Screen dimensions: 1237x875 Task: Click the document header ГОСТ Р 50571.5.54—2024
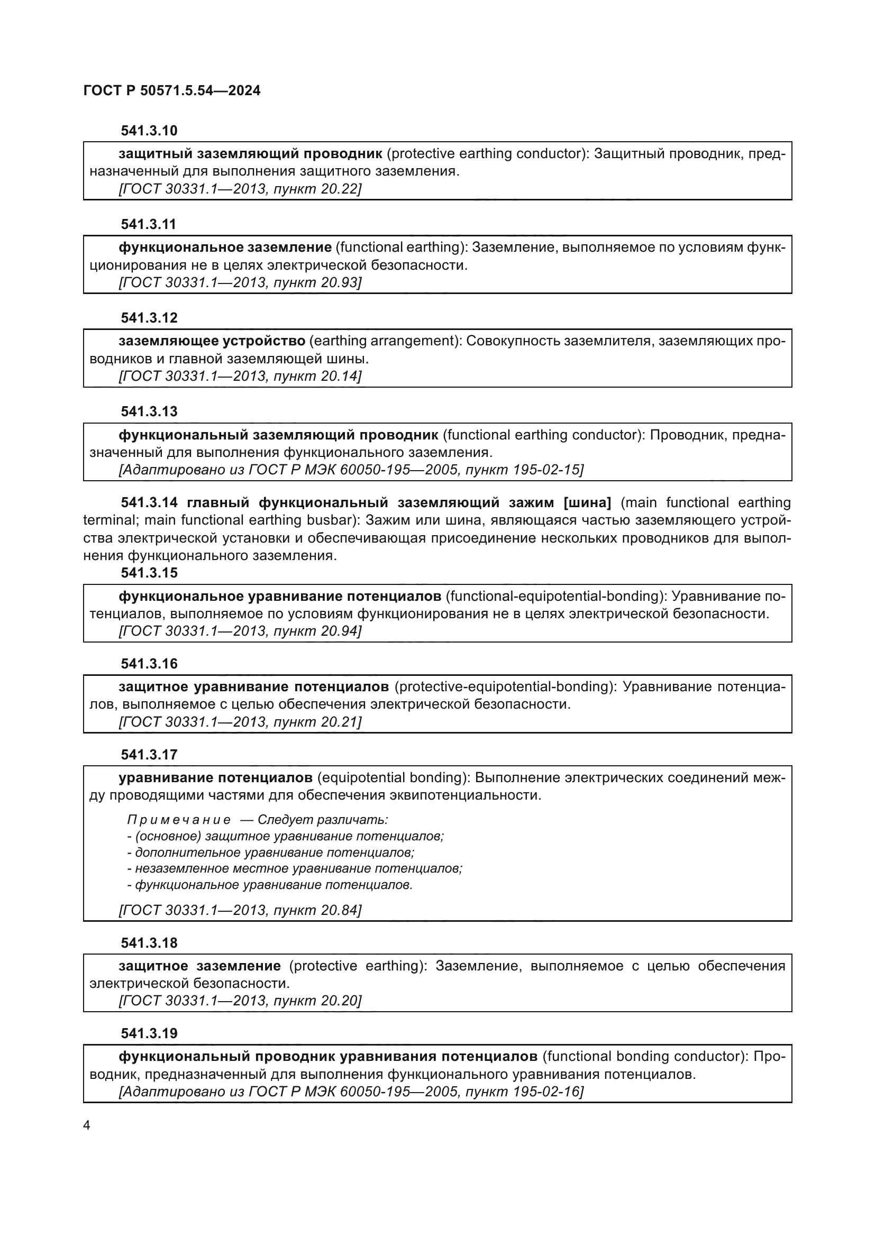(172, 90)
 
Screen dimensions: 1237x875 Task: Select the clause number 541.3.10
(149, 131)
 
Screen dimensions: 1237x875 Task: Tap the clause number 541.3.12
(149, 318)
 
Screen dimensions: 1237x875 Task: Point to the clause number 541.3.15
(149, 573)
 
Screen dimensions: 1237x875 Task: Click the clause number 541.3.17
(149, 755)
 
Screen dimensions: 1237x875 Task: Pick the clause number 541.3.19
(149, 1033)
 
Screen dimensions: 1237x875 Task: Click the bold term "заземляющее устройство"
(212, 341)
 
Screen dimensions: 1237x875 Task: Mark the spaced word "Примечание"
(179, 820)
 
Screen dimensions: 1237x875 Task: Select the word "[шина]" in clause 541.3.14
(587, 502)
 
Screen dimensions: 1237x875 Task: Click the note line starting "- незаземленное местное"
(295, 868)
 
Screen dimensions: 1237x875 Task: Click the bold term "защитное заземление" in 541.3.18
(199, 966)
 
